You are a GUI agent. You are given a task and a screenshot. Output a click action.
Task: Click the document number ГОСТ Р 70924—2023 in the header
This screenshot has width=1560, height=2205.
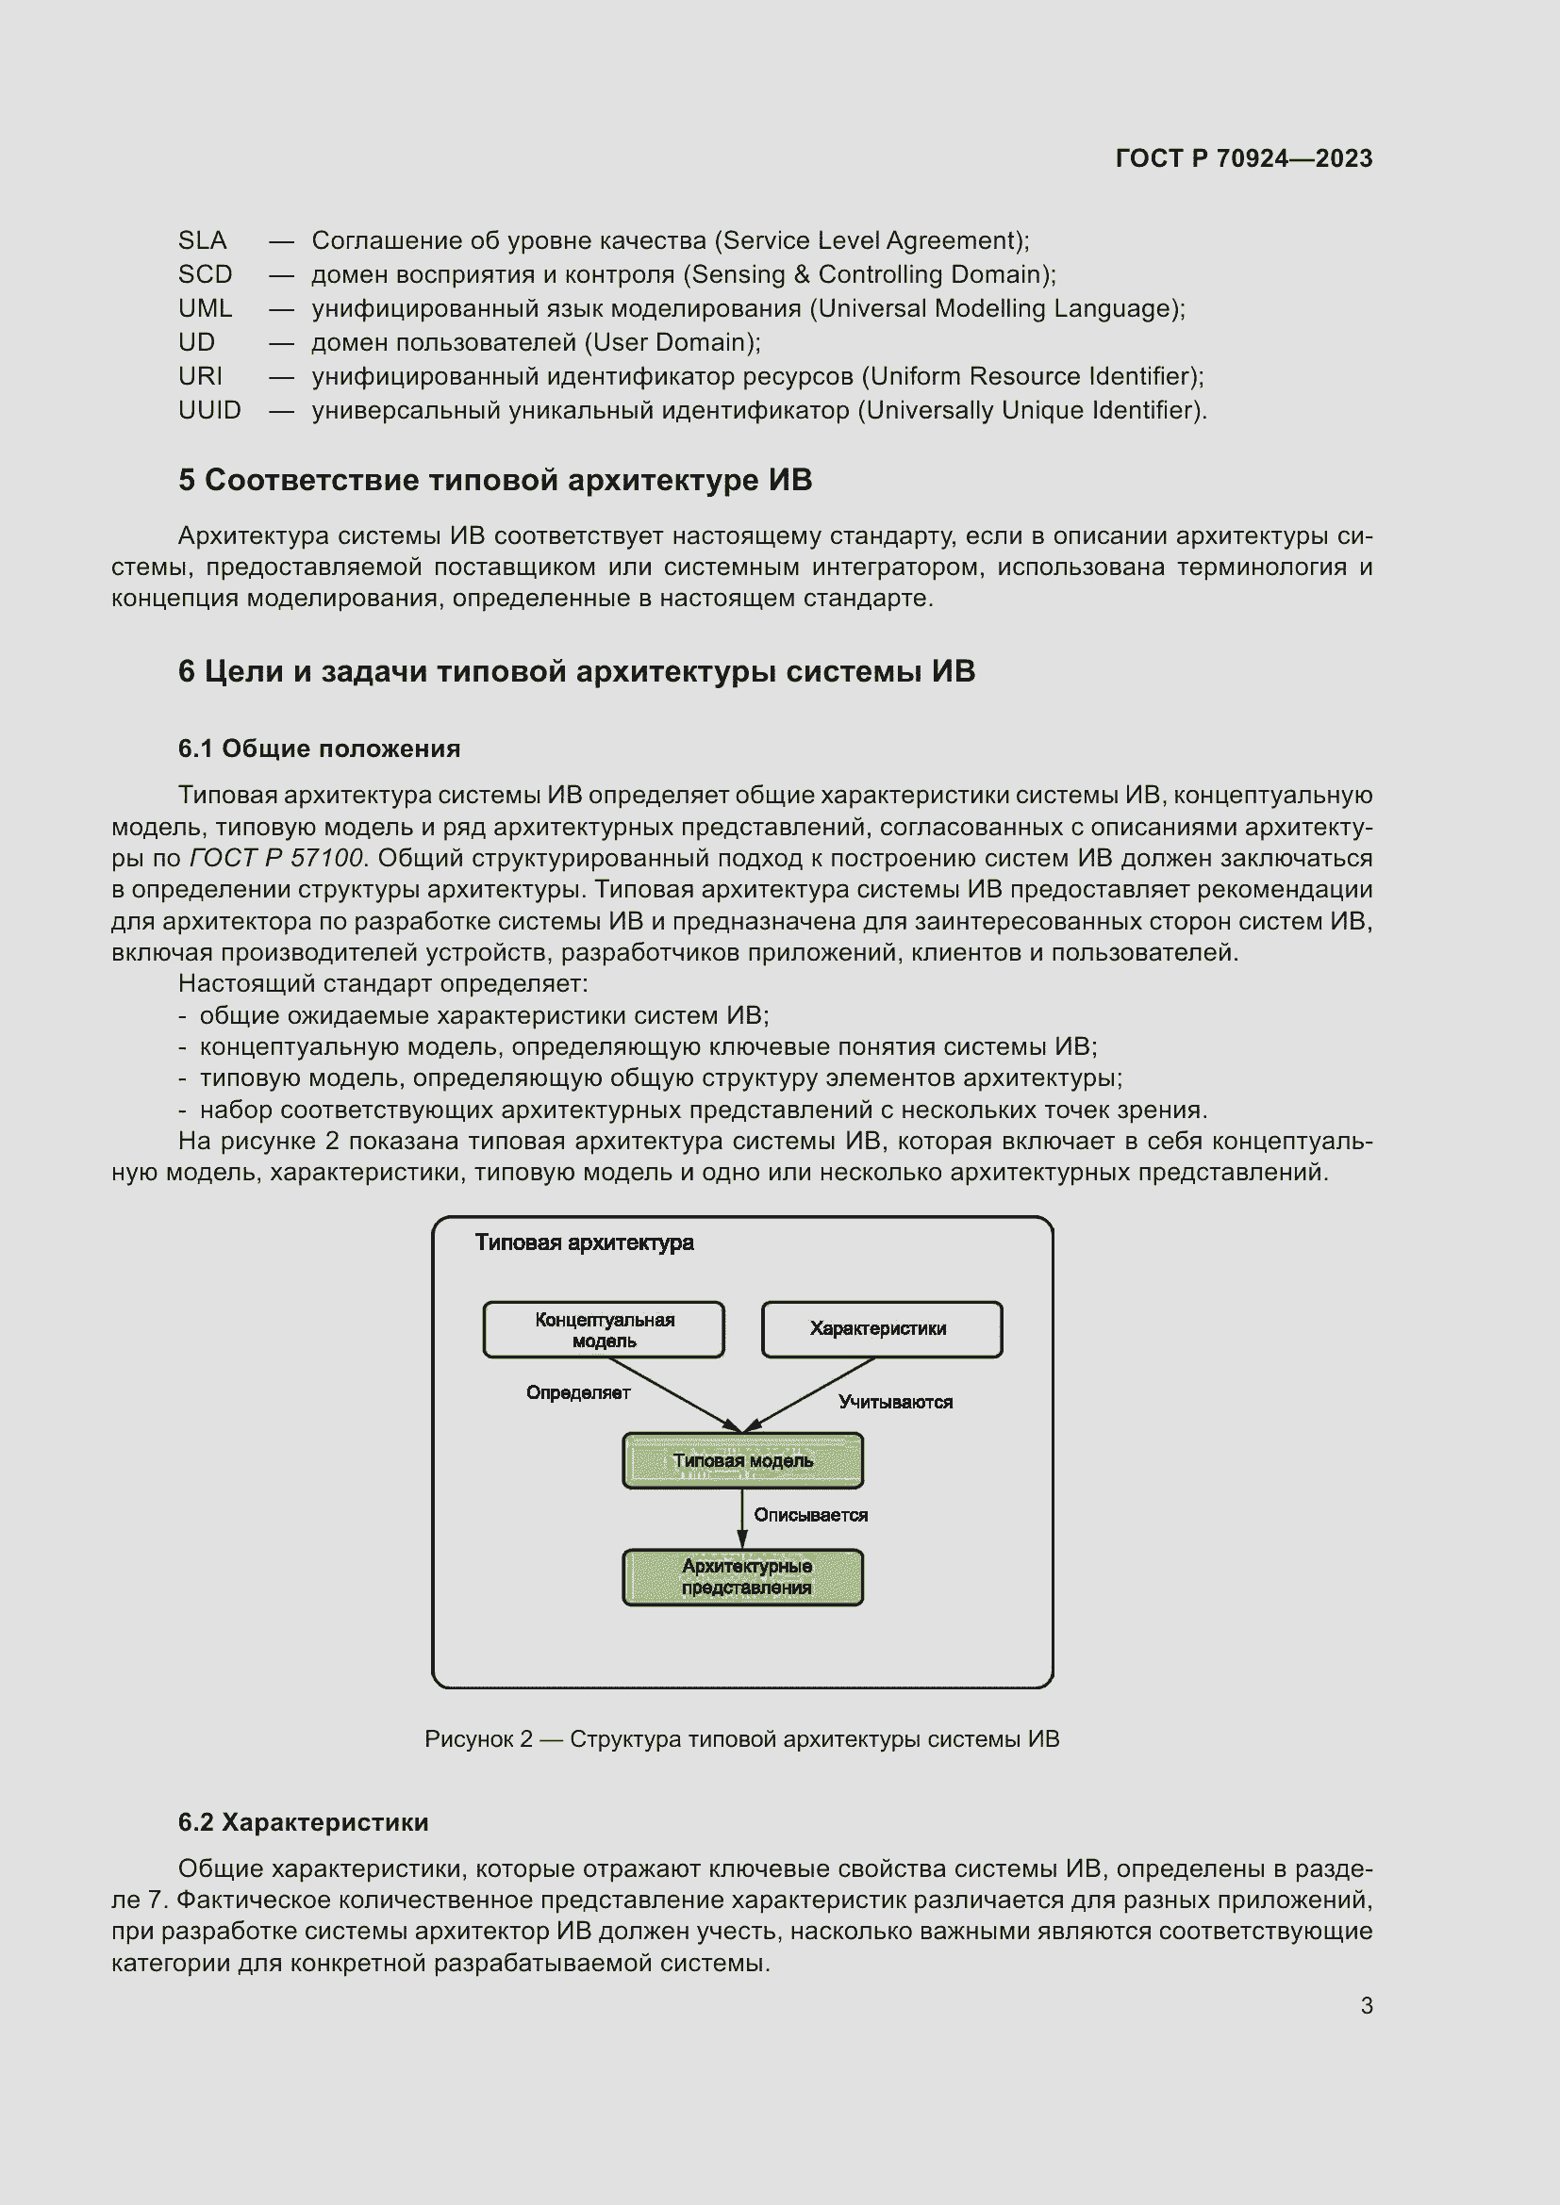[1243, 158]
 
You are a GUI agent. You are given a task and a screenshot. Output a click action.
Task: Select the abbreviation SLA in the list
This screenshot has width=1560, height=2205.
[202, 240]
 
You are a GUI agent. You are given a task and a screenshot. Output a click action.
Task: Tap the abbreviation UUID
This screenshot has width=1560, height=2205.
[209, 410]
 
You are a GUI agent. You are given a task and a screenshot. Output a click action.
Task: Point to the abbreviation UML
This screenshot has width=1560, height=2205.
[205, 308]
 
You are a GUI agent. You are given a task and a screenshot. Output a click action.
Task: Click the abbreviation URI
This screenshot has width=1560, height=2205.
[200, 376]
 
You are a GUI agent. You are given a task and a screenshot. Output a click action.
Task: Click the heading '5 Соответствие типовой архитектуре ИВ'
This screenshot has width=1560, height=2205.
[495, 480]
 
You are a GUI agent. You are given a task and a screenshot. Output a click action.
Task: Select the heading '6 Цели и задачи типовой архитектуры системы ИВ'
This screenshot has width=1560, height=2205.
[576, 671]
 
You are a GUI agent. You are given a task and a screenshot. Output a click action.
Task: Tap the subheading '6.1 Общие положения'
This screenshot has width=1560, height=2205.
[319, 749]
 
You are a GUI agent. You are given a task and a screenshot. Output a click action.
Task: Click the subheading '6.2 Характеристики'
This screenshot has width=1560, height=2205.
[303, 1823]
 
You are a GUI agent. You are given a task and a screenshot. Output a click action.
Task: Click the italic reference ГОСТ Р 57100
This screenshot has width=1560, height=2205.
[276, 858]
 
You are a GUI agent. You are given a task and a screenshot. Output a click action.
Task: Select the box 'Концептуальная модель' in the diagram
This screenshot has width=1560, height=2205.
[604, 1330]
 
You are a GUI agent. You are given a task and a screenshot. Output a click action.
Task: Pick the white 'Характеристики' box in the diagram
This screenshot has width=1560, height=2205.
[881, 1329]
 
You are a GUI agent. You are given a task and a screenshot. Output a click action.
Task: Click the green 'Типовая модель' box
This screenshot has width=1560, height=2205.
[742, 1460]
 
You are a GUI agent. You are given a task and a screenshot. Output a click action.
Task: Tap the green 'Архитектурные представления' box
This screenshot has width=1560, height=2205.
[742, 1577]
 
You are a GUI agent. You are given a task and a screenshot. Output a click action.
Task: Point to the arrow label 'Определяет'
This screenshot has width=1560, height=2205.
[577, 1392]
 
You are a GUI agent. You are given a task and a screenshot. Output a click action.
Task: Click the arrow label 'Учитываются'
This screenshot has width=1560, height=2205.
[894, 1402]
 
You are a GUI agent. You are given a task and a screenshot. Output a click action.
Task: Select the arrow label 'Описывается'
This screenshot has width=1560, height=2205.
[810, 1516]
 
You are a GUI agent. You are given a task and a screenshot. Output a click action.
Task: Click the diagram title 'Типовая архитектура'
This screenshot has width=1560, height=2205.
[584, 1242]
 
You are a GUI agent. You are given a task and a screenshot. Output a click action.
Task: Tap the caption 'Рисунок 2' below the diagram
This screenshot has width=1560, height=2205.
[478, 1739]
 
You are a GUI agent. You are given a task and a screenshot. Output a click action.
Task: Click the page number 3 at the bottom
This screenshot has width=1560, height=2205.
[1366, 2006]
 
